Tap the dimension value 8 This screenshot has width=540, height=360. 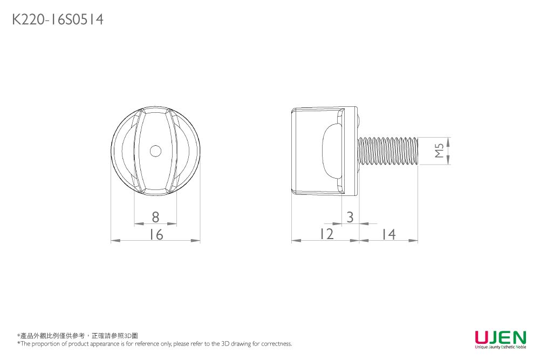point(155,217)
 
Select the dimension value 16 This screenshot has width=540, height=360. point(155,235)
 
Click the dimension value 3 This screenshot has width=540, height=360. point(350,217)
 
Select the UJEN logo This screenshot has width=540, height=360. point(500,338)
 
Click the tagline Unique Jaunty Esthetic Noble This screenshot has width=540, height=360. point(500,347)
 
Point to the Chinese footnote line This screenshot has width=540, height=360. point(78,336)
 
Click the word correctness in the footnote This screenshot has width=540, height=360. point(277,344)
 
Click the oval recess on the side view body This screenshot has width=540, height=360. point(331,151)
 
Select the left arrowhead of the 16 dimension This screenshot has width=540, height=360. point(114,241)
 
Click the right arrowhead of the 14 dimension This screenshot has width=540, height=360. point(414,241)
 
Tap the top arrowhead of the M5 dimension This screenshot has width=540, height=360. point(449,140)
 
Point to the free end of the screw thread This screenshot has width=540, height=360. point(417,151)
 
